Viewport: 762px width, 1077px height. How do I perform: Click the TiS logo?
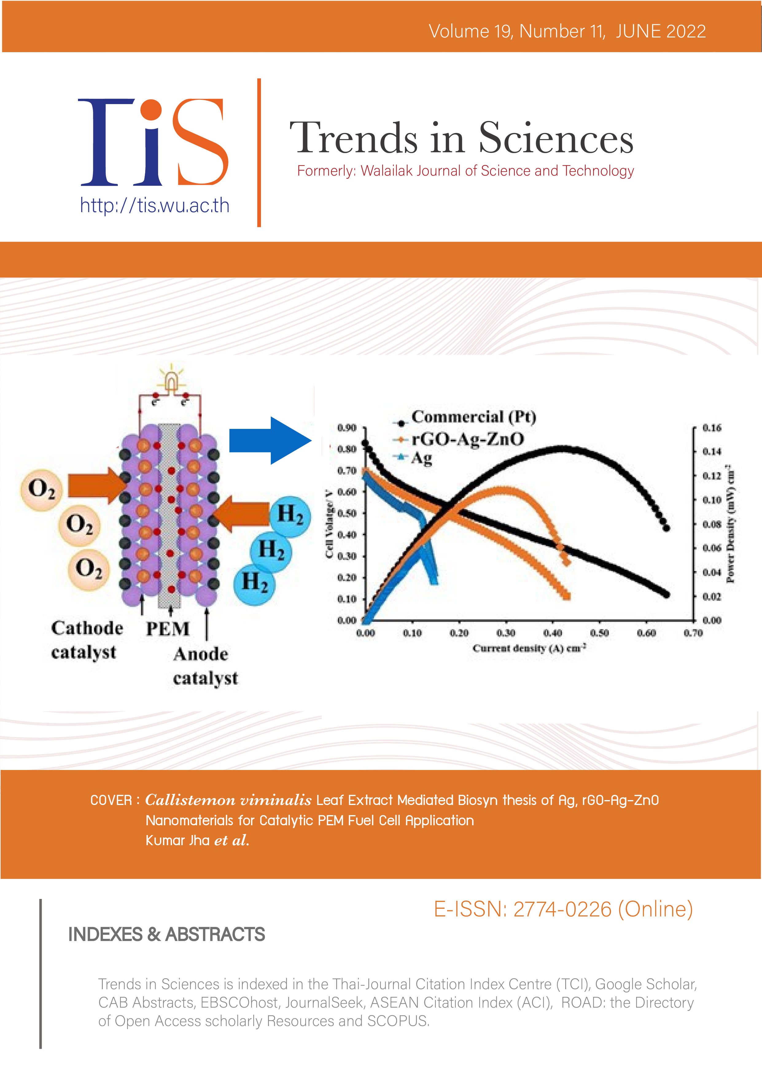154,142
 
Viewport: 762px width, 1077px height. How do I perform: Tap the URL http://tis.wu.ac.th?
154,205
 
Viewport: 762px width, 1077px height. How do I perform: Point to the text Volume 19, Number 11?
516,31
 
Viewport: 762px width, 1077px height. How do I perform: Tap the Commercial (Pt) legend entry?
473,417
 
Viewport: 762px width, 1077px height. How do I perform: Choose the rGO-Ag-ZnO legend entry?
467,439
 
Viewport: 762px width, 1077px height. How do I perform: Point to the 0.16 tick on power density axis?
711,428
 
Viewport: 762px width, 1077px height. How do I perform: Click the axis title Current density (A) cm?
529,648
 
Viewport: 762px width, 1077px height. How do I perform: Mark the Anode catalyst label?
205,666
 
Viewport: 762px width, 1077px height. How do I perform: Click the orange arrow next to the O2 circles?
96,485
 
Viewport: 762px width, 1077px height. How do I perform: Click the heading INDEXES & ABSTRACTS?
167,935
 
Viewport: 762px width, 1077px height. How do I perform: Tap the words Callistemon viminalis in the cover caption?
228,800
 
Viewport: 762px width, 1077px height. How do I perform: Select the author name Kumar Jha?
177,840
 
